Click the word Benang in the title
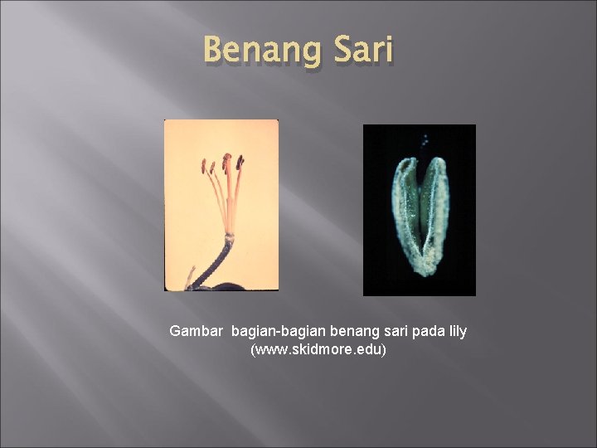[255, 51]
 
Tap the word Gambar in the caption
[197, 331]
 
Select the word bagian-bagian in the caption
[273, 331]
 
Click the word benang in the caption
[342, 331]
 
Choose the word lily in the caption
[458, 331]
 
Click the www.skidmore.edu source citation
[318, 350]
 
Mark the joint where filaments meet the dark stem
[229, 236]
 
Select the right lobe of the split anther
[437, 207]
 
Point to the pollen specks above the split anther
[424, 141]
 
